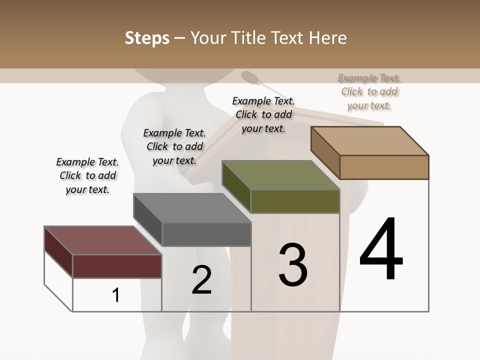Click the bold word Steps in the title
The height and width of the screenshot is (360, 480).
pyautogui.click(x=147, y=38)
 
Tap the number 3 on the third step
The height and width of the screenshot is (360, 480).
pyautogui.click(x=292, y=265)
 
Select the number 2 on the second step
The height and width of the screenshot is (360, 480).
pyautogui.click(x=201, y=280)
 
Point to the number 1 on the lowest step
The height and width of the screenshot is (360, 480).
pyautogui.click(x=116, y=295)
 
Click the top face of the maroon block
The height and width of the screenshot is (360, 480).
pyautogui.click(x=102, y=240)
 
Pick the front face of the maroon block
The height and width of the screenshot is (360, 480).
pyautogui.click(x=117, y=266)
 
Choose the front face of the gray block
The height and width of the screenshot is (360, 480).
pyautogui.click(x=206, y=234)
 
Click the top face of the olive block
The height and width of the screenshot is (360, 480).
pyautogui.click(x=280, y=175)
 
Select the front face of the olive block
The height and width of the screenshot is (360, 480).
pyautogui.click(x=295, y=201)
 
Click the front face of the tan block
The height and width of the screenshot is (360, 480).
pyautogui.click(x=384, y=167)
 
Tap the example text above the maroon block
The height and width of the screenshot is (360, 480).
pyautogui.click(x=87, y=176)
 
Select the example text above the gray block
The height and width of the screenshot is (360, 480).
pyautogui.click(x=174, y=146)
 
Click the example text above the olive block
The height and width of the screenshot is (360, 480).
pyautogui.click(x=263, y=114)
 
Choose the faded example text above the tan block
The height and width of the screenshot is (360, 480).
pyautogui.click(x=369, y=91)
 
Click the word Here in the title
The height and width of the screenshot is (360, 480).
pyautogui.click(x=328, y=38)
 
